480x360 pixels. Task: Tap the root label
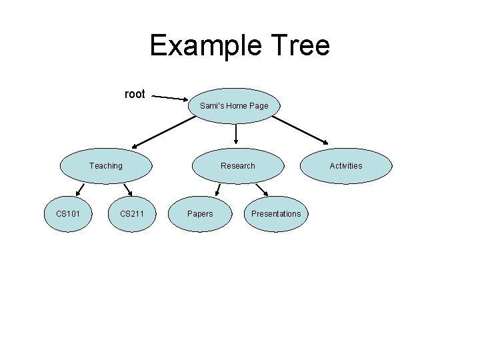click(x=135, y=94)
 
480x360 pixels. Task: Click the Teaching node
click(x=106, y=165)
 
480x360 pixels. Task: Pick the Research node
click(x=238, y=165)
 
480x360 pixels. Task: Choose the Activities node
click(x=346, y=165)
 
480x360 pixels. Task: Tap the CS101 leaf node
click(x=68, y=214)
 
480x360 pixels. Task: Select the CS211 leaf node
click(x=133, y=214)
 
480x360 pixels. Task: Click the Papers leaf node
click(x=200, y=214)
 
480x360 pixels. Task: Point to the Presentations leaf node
click(x=276, y=214)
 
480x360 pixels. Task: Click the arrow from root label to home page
click(x=170, y=97)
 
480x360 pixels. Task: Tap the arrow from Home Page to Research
click(x=237, y=134)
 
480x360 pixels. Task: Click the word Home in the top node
click(x=235, y=106)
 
